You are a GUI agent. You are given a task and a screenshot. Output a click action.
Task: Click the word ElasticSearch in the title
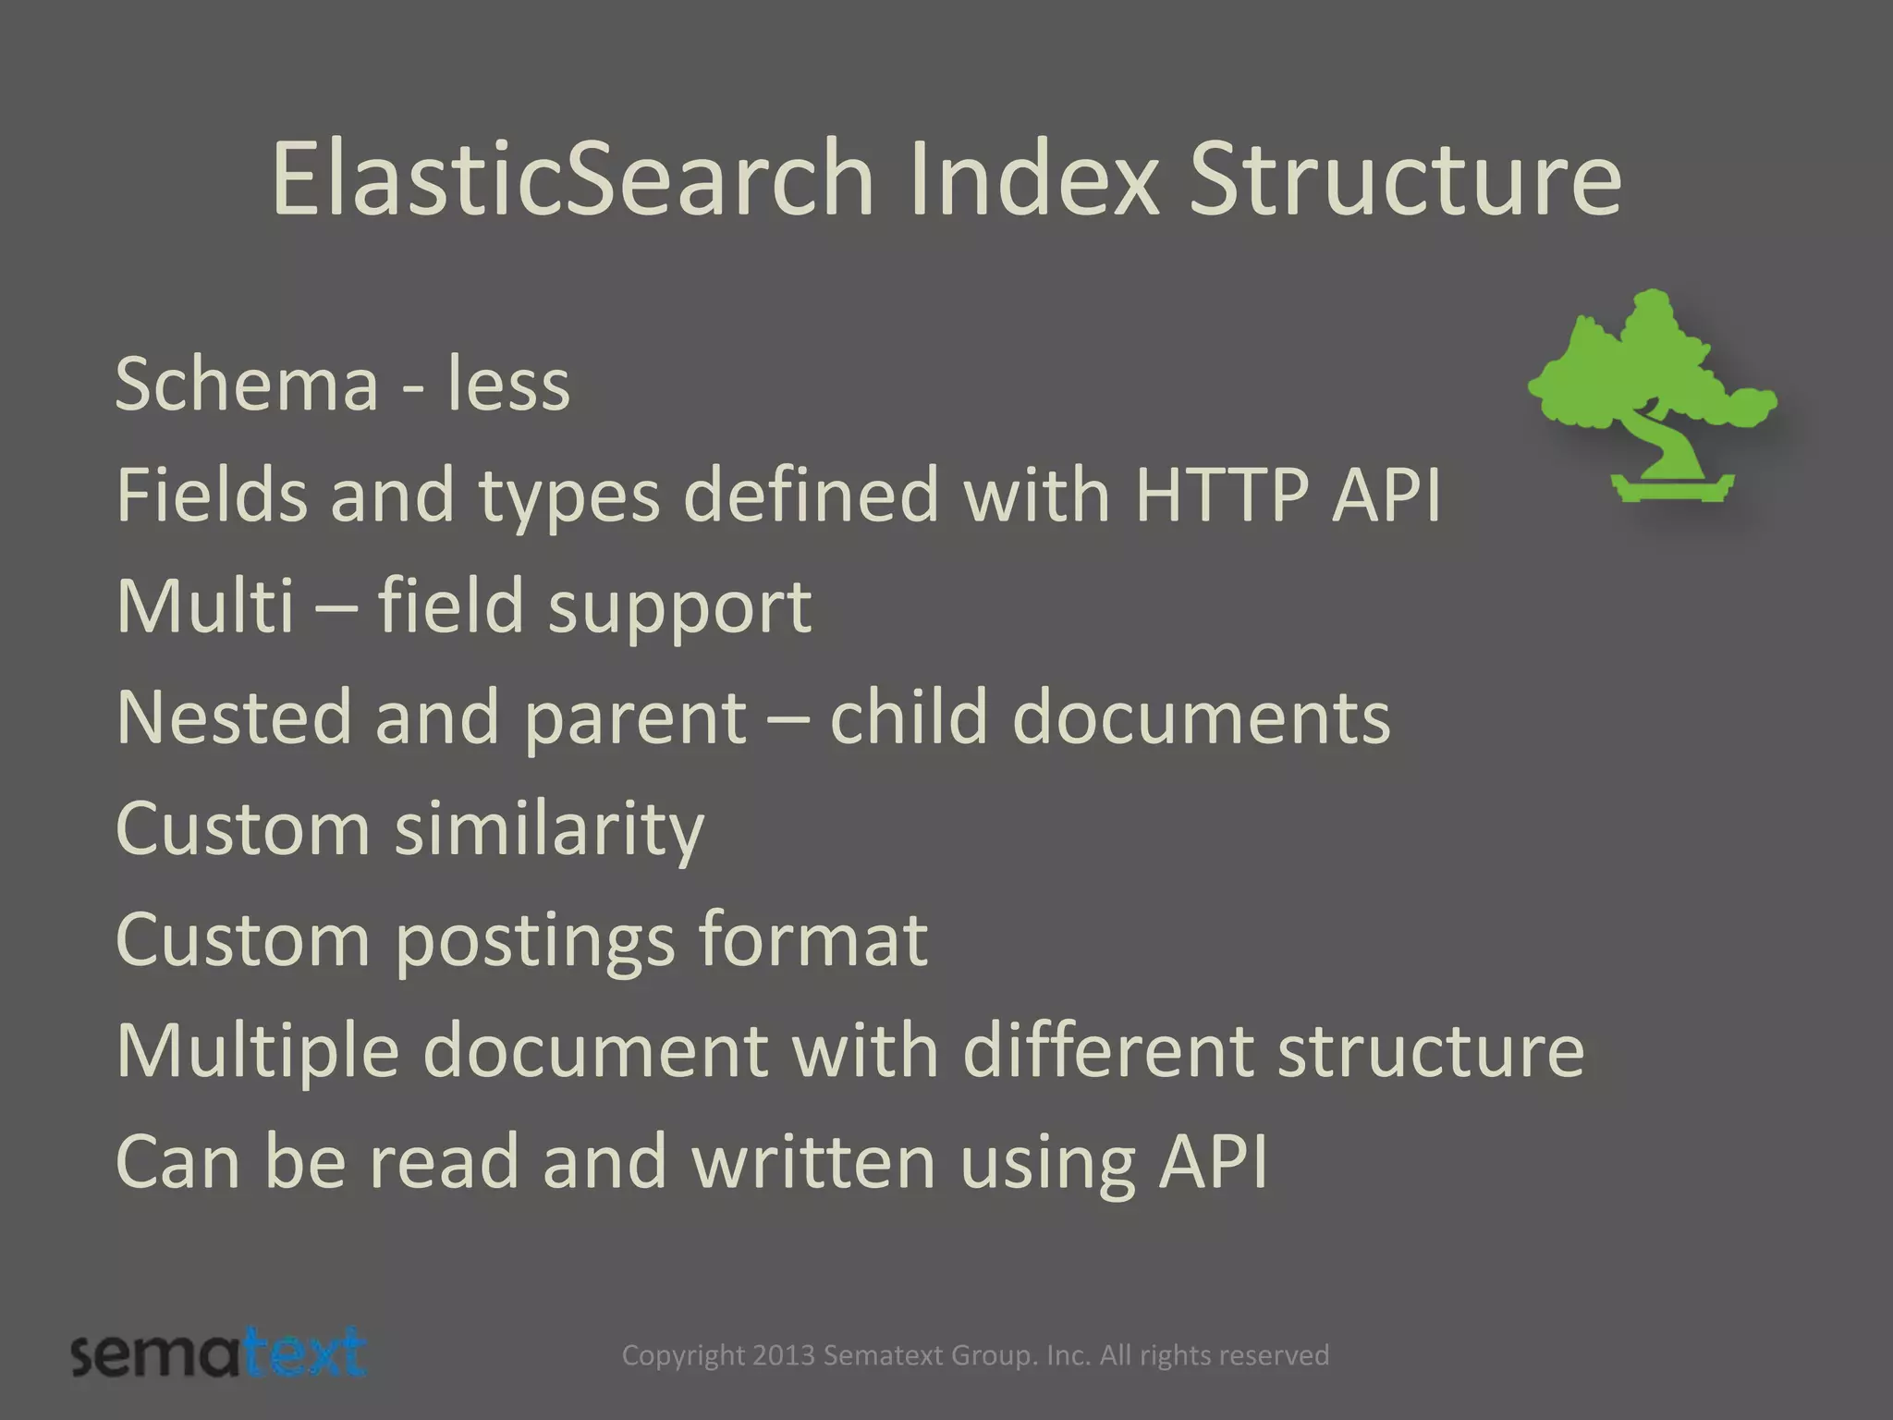572,177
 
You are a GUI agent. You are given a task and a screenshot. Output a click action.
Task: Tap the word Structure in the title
1404,177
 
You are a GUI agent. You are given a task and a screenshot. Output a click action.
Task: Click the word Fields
212,496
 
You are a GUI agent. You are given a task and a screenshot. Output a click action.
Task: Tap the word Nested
234,717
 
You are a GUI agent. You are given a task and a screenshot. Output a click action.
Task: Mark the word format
812,939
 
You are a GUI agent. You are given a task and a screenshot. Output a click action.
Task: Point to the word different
1107,1050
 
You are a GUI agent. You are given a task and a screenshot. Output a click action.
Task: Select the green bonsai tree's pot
1672,486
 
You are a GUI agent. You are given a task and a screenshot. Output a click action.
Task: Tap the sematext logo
219,1354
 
